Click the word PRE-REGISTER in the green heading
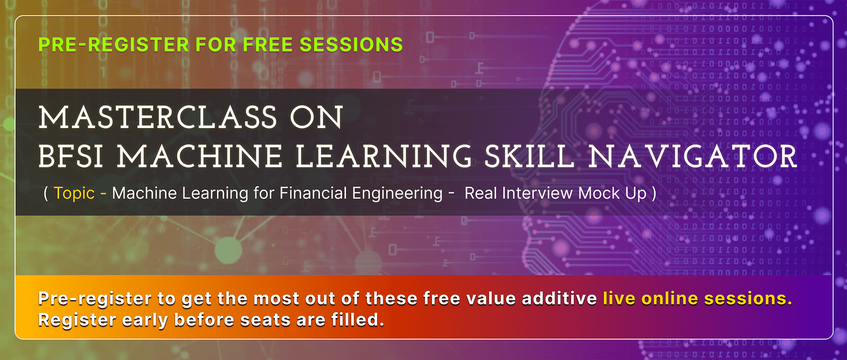(x=114, y=45)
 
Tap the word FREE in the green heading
(x=268, y=45)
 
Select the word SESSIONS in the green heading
(x=351, y=45)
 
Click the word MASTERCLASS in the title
(x=157, y=117)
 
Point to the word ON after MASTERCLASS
(x=316, y=117)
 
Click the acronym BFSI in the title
(x=71, y=156)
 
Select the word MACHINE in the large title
(x=199, y=156)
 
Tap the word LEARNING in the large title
(x=384, y=156)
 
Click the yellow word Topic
(x=74, y=193)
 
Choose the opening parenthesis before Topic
(x=46, y=193)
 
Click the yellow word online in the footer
(x=669, y=299)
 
